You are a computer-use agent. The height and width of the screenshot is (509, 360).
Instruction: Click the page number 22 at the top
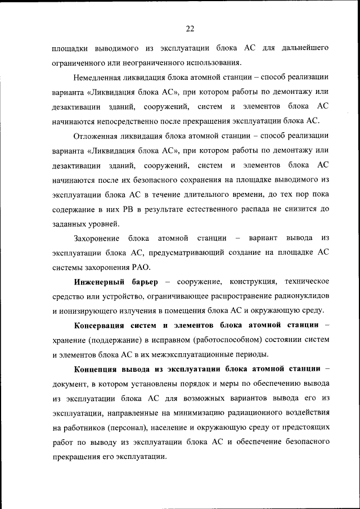pyautogui.click(x=190, y=29)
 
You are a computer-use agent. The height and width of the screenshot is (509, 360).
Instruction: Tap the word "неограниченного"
pyautogui.click(x=136, y=62)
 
